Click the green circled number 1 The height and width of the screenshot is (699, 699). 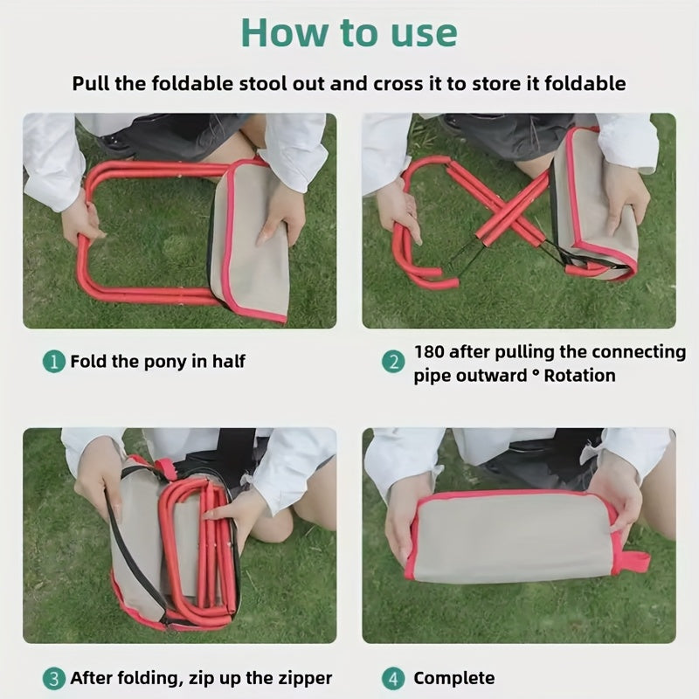[54, 362]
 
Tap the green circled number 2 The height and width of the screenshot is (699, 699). [393, 362]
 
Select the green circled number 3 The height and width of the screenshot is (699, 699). [54, 679]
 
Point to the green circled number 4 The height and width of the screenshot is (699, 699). [393, 679]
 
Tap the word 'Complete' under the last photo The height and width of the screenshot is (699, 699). [453, 679]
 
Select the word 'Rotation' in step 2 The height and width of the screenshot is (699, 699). [579, 376]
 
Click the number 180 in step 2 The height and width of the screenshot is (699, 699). [429, 352]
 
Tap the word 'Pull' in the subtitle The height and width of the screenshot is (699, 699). [90, 83]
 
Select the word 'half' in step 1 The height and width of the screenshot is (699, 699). [228, 361]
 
